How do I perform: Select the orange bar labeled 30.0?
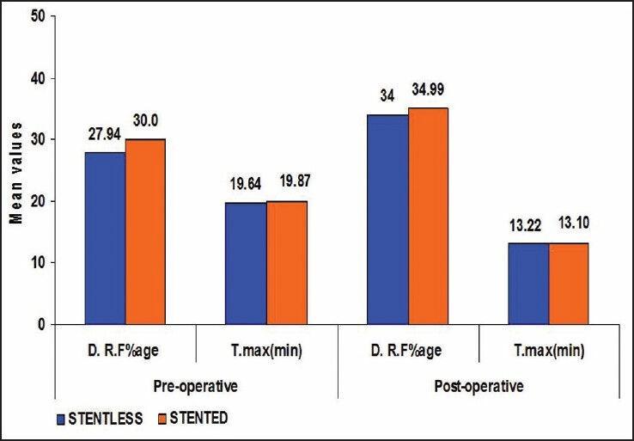click(x=145, y=231)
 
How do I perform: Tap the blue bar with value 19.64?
click(x=246, y=263)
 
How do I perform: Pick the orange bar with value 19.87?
click(x=286, y=262)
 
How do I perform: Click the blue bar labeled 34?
click(x=387, y=219)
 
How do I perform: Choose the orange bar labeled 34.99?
click(x=428, y=216)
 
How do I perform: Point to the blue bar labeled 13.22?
click(x=528, y=283)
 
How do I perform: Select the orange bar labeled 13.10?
click(x=569, y=283)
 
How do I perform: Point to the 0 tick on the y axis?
click(x=40, y=325)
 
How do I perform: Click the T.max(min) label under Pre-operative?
click(x=266, y=352)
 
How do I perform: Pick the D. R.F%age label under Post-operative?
click(x=407, y=352)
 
